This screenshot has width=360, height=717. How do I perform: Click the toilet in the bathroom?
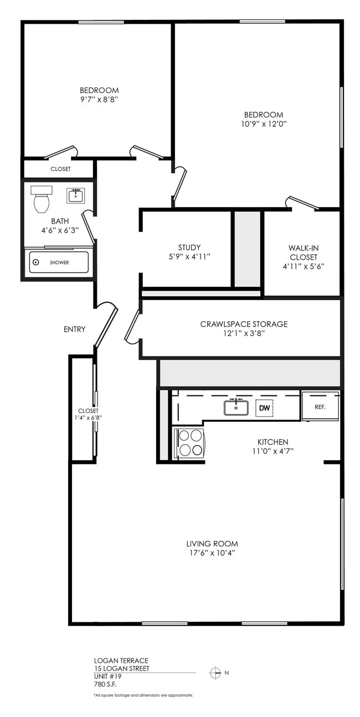(42, 200)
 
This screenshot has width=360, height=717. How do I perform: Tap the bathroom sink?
(75, 195)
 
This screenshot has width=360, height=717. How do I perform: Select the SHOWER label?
(59, 262)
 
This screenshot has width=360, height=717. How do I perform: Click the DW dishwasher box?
(264, 408)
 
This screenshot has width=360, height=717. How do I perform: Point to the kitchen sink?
(236, 407)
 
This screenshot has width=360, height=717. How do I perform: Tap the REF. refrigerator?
(320, 406)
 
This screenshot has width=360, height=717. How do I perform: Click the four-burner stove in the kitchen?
(189, 443)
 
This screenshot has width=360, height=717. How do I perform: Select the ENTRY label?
(74, 329)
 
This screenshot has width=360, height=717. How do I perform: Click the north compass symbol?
(215, 673)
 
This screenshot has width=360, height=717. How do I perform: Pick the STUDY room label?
(189, 247)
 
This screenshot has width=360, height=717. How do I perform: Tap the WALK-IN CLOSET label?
(303, 252)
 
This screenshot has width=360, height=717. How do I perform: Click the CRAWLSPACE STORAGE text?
(244, 324)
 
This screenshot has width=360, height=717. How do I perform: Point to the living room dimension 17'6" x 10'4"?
(212, 553)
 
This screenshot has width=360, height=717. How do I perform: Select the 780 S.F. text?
(105, 684)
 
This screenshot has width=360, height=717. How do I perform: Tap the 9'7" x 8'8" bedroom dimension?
(99, 100)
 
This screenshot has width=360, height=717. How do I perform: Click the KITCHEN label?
(272, 442)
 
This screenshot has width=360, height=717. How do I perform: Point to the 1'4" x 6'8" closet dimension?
(88, 418)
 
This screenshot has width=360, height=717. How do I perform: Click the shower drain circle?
(36, 262)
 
